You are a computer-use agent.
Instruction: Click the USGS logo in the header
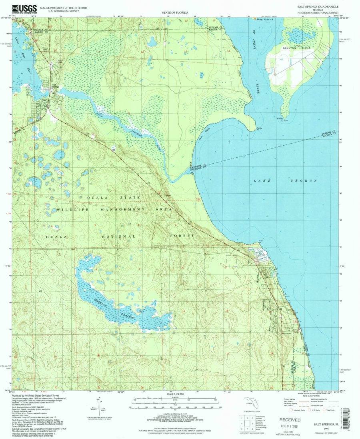(x=24, y=8)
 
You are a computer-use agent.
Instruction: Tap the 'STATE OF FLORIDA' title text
(x=175, y=13)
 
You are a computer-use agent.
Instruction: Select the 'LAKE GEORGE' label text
(x=285, y=181)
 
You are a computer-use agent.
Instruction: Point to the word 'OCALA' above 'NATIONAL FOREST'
(x=54, y=237)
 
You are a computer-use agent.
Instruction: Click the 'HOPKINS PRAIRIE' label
(x=120, y=309)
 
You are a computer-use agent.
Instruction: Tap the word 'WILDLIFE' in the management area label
(x=70, y=210)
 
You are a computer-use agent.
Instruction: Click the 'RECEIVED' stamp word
(x=290, y=420)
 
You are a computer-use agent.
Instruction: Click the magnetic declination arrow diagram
(x=99, y=405)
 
